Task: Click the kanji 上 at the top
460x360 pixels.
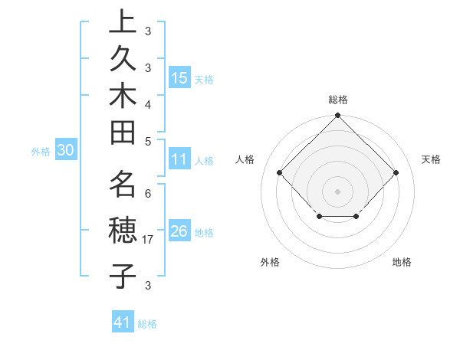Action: (x=123, y=22)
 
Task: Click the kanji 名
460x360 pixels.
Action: (x=123, y=185)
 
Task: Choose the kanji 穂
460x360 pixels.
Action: (x=123, y=231)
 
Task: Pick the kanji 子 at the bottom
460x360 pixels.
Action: (x=123, y=275)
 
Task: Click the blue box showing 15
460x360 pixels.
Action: (x=179, y=77)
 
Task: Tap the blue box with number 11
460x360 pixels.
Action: (x=179, y=160)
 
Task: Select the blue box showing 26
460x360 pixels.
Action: (x=179, y=231)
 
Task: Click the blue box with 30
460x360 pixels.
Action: (x=65, y=151)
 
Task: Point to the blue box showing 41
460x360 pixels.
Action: (x=123, y=322)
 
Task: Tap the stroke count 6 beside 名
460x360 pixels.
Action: (x=147, y=194)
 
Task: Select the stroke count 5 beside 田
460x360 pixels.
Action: (x=147, y=142)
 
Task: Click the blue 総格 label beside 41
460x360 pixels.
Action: (x=147, y=324)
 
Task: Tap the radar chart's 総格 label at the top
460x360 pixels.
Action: (x=338, y=100)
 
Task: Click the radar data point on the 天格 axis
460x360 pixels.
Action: (x=396, y=172)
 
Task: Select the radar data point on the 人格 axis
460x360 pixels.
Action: (x=280, y=172)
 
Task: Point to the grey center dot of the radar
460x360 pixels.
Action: (x=338, y=191)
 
